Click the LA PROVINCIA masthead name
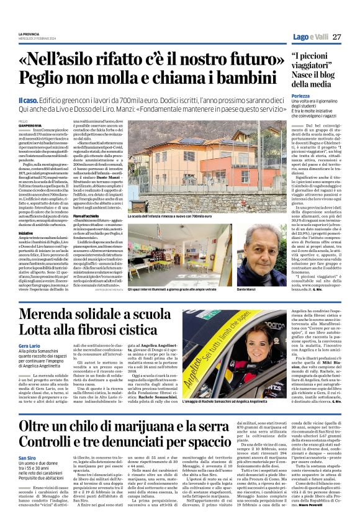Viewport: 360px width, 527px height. coord(29,34)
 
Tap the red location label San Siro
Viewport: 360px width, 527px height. coord(27,457)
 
